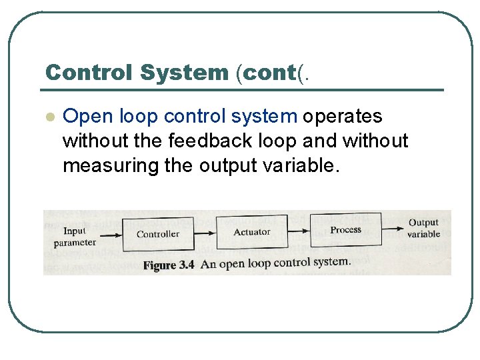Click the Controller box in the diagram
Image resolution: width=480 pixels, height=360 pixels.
tap(157, 234)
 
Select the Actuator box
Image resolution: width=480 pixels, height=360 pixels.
tap(252, 232)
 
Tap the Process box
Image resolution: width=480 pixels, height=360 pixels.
tap(345, 230)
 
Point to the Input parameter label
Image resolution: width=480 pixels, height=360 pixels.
tap(75, 237)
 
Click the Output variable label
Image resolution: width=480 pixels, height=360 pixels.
tap(423, 228)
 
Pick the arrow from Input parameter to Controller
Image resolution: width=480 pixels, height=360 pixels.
tap(111, 234)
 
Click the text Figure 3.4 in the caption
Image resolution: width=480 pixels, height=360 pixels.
tap(169, 265)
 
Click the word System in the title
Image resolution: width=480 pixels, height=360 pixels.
tap(185, 73)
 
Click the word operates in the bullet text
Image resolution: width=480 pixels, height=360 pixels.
tap(343, 117)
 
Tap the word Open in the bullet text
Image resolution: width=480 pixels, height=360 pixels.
tap(88, 117)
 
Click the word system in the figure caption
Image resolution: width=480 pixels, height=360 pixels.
tap(331, 261)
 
